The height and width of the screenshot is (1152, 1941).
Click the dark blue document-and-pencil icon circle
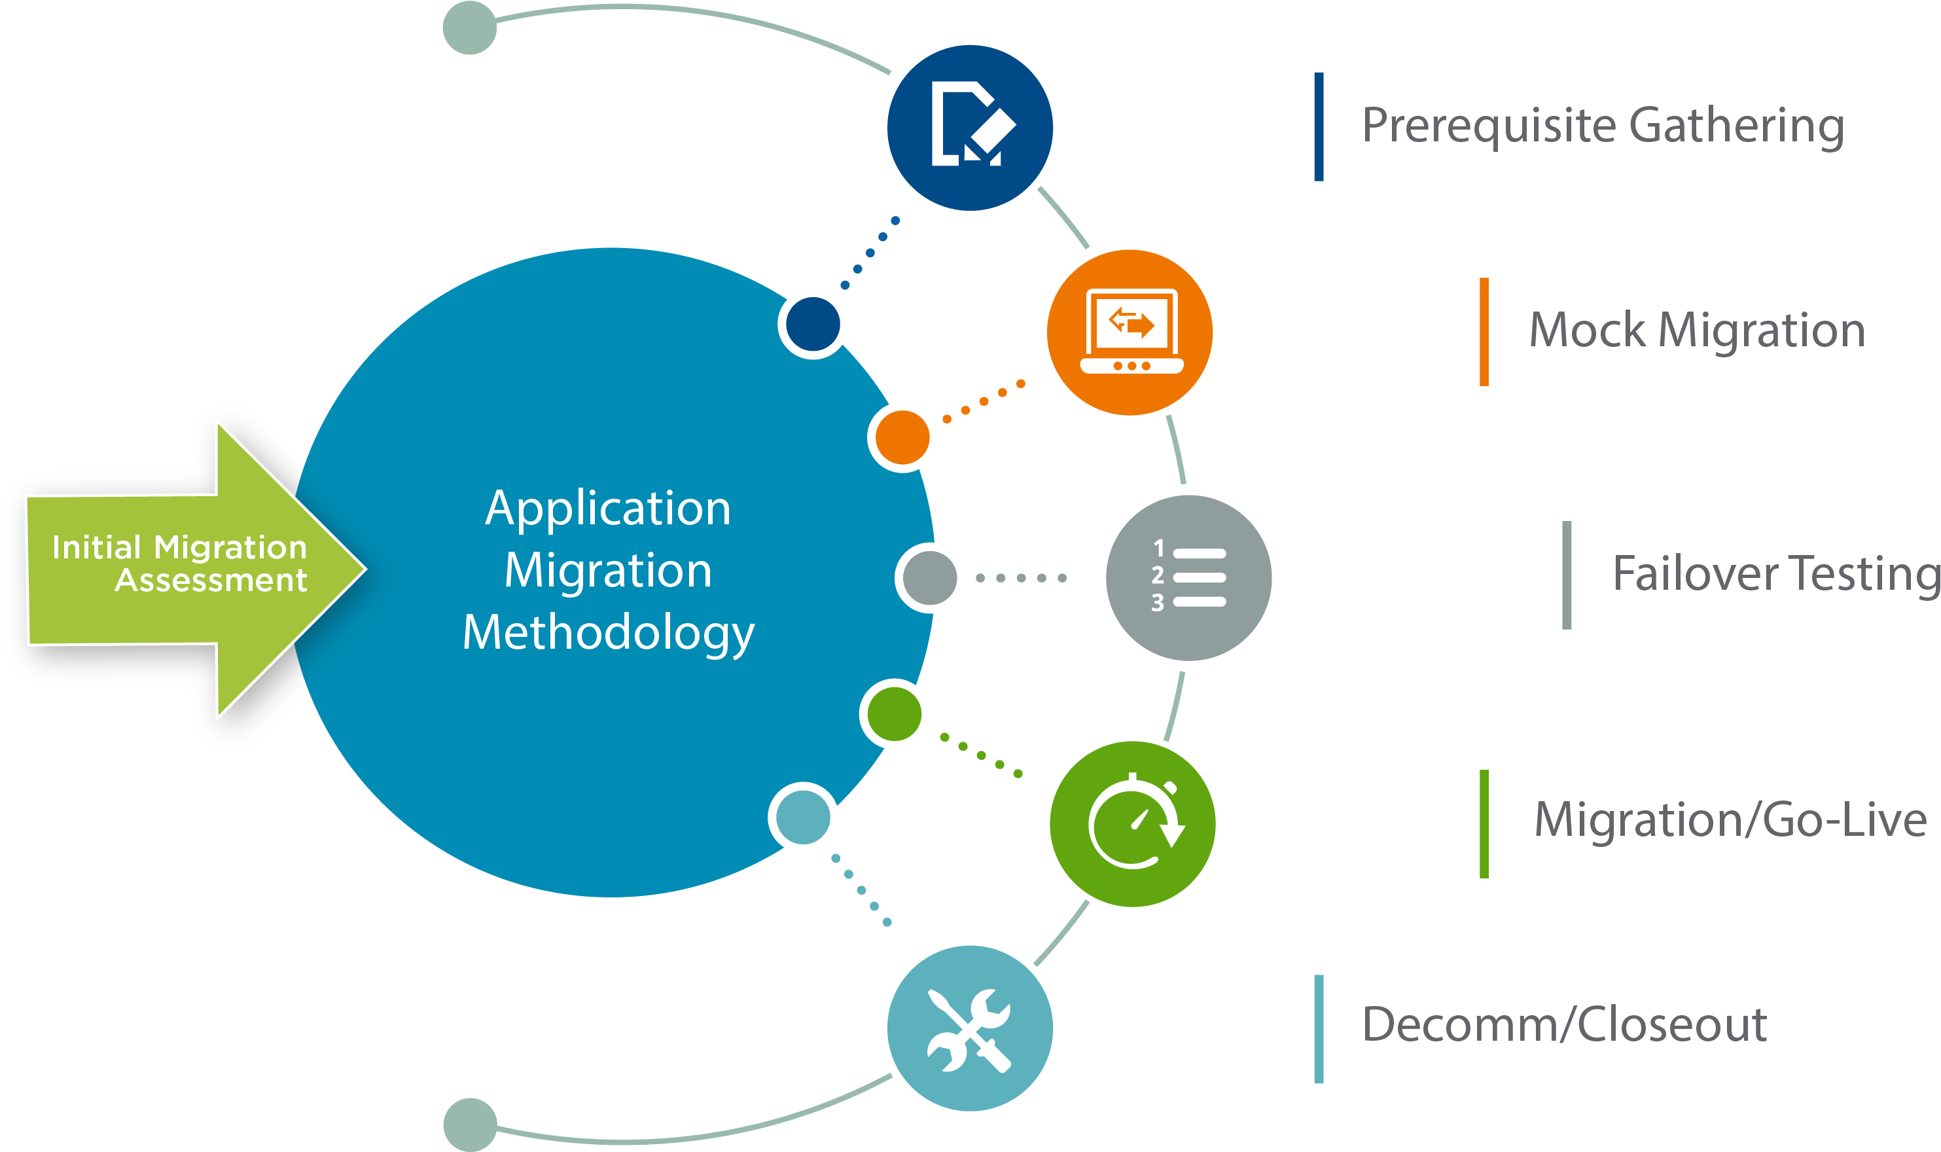click(969, 128)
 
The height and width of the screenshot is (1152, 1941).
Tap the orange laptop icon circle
click(1130, 333)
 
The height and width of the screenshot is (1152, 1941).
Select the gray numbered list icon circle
click(1188, 577)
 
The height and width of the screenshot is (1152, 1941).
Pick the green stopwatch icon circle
click(1132, 823)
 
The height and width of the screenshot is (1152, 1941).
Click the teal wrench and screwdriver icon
click(969, 1028)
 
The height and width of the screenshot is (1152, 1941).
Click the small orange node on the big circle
click(902, 437)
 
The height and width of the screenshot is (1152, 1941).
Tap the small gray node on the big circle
click(930, 577)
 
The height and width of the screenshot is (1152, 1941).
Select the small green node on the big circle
click(894, 714)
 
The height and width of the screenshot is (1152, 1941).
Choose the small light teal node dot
click(802, 818)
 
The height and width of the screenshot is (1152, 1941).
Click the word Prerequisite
click(1487, 126)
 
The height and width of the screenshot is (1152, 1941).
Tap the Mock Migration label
click(1696, 331)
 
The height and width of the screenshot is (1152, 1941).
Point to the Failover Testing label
click(1775, 575)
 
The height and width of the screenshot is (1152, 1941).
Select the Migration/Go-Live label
click(1730, 821)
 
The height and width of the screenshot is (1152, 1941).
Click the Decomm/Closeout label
click(1564, 1024)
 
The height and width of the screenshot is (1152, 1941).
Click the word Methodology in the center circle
click(609, 633)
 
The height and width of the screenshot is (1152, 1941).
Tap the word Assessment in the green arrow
click(211, 581)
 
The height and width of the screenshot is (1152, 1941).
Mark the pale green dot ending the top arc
click(469, 28)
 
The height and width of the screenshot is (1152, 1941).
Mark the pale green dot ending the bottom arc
click(469, 1124)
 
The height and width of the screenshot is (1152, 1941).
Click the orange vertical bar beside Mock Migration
click(1484, 331)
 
